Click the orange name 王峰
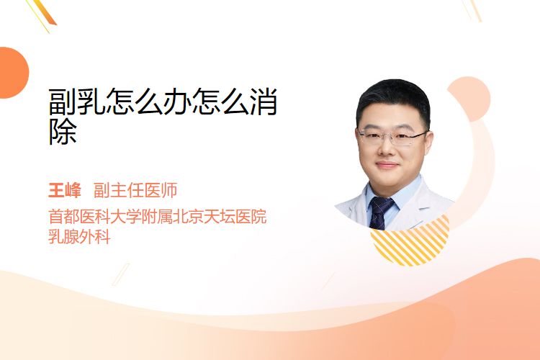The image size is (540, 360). [64, 190]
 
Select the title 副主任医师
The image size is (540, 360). [135, 190]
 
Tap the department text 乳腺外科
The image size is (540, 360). [79, 237]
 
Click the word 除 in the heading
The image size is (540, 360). [63, 132]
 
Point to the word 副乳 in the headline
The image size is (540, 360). [77, 102]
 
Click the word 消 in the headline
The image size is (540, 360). [264, 102]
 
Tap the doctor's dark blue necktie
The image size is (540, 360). [380, 212]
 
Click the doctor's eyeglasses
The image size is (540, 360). [393, 137]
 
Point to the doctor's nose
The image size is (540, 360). [387, 148]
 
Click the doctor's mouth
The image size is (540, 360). [387, 166]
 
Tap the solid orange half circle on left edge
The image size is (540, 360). [13, 73]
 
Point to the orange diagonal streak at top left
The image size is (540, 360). [46, 12]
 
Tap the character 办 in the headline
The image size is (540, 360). [177, 102]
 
